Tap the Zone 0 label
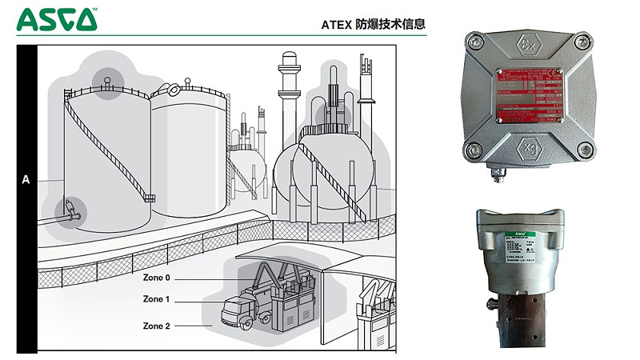[156, 278]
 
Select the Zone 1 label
[156, 299]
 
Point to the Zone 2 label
[156, 326]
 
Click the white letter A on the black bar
[26, 181]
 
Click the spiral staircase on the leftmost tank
[104, 144]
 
